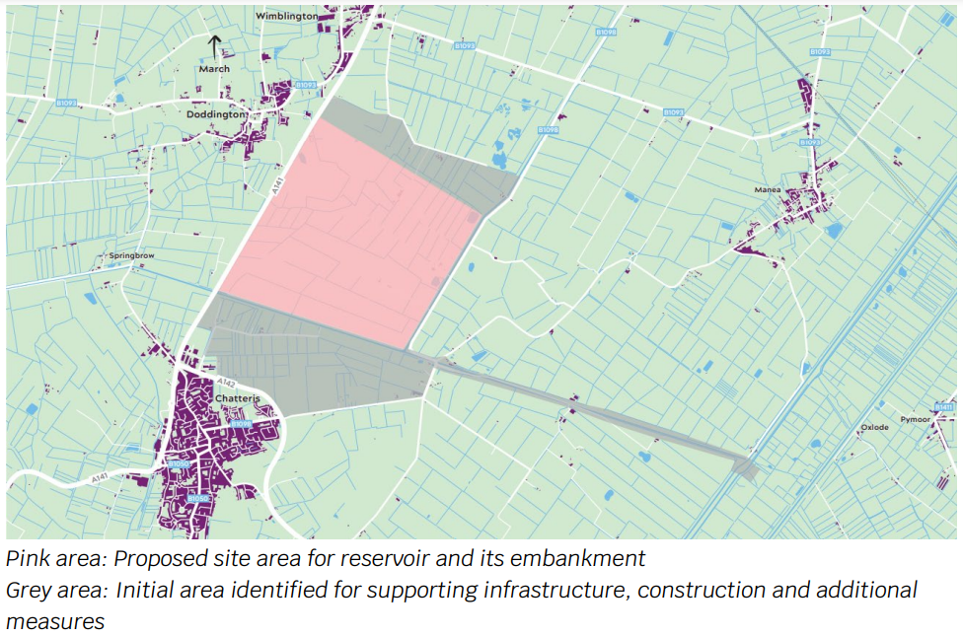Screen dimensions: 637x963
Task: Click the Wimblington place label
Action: (x=287, y=17)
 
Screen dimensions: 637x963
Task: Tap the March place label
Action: (x=214, y=69)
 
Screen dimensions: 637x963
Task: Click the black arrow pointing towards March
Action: (x=214, y=46)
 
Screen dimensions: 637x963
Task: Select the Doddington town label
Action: (x=215, y=114)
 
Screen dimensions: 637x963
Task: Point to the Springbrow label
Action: (x=131, y=255)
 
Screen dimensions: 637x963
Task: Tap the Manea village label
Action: (x=768, y=189)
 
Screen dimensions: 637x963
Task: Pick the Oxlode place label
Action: (x=874, y=427)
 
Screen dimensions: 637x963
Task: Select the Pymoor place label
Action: (x=915, y=419)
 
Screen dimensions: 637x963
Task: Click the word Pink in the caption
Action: (x=29, y=559)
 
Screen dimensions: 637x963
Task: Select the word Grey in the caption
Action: (x=29, y=591)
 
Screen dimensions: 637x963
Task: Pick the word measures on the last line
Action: (x=54, y=622)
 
